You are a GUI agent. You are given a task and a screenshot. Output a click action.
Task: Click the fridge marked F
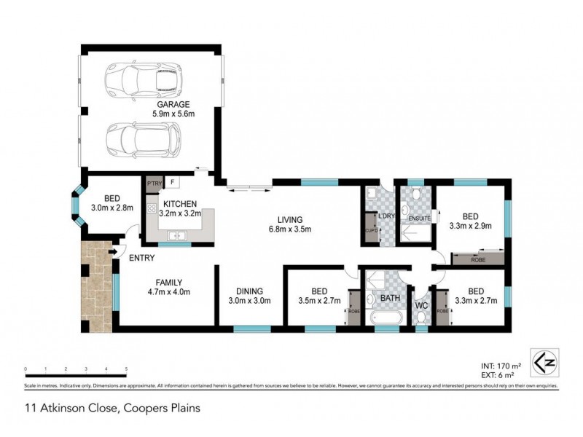tap(173, 182)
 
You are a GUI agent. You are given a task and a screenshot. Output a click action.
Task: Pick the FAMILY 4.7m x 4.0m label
tap(168, 288)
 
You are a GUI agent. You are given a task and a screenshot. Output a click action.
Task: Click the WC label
tap(420, 305)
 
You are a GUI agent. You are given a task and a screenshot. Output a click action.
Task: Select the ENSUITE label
tap(420, 218)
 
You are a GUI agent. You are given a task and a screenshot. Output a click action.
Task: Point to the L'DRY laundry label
tap(386, 217)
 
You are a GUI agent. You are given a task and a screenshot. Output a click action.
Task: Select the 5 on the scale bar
tap(127, 370)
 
